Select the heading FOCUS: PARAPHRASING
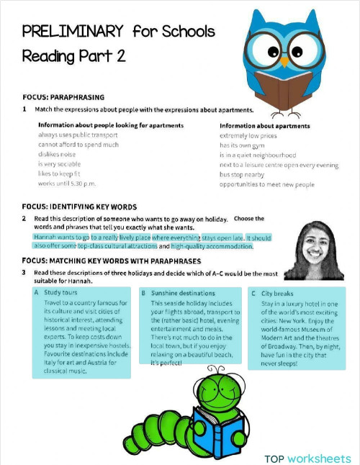(63, 97)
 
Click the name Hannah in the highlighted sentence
(47, 236)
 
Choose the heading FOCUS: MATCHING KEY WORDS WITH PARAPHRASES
(111, 261)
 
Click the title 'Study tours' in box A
(60, 293)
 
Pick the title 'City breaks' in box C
(277, 293)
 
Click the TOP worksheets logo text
(307, 458)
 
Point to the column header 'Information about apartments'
(264, 125)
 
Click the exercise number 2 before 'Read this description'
(24, 218)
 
